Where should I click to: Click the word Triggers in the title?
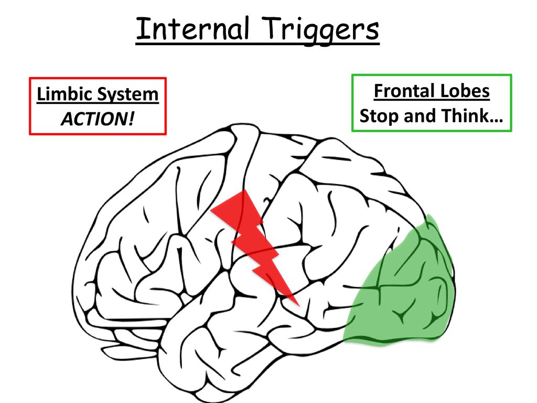(322, 30)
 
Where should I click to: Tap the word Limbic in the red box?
(65, 94)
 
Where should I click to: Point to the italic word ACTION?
(98, 119)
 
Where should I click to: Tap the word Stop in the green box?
(379, 116)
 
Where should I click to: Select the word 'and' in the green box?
(420, 116)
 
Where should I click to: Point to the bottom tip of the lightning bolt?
(299, 305)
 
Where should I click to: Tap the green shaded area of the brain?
(404, 288)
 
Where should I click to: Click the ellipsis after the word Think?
(495, 121)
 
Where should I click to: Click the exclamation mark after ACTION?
(132, 119)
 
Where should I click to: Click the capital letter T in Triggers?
(273, 28)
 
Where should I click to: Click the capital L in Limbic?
(41, 94)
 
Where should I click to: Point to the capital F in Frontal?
(379, 91)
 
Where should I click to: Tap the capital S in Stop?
(365, 116)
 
